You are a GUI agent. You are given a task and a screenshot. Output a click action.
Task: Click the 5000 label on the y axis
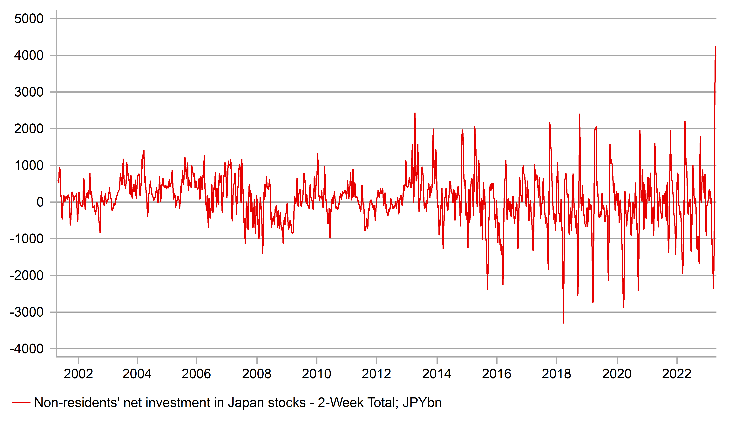(x=29, y=19)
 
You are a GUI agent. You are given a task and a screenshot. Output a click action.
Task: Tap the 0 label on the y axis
(x=40, y=202)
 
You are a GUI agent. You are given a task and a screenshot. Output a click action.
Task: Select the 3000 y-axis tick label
(x=29, y=92)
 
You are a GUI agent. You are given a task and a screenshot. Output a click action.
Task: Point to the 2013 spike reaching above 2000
(x=415, y=114)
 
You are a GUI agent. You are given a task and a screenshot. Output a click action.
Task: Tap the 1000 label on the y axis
(x=29, y=166)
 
